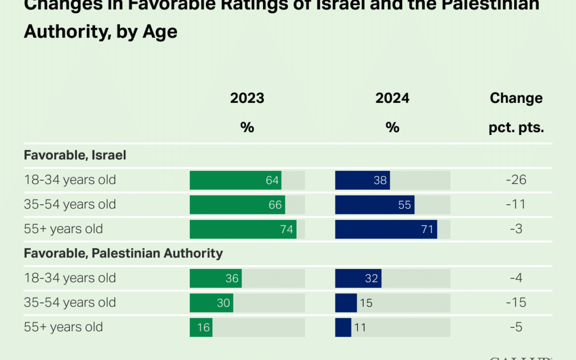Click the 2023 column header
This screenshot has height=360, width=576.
tap(247, 98)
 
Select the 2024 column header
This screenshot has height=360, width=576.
tap(392, 98)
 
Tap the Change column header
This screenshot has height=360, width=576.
tap(516, 98)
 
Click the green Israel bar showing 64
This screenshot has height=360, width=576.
tap(235, 180)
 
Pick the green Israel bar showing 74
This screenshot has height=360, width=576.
tap(243, 229)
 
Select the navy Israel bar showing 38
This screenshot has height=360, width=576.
tap(362, 180)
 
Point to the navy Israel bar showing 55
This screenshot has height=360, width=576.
tap(374, 205)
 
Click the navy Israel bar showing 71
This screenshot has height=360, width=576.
tap(386, 229)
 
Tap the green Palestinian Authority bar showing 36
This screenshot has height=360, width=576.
tap(215, 278)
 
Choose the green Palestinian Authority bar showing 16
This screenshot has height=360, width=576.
tap(201, 327)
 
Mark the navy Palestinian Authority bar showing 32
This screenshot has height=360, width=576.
tap(358, 278)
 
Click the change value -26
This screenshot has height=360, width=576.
tap(516, 180)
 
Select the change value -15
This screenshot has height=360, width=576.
tap(516, 303)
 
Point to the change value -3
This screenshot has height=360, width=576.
tap(516, 229)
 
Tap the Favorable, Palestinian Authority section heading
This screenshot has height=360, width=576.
tap(123, 253)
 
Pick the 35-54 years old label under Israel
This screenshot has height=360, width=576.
tap(70, 205)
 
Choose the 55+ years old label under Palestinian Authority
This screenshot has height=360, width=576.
tap(63, 327)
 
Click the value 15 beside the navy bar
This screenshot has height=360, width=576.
tap(365, 303)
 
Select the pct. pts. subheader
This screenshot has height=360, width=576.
tap(516, 127)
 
